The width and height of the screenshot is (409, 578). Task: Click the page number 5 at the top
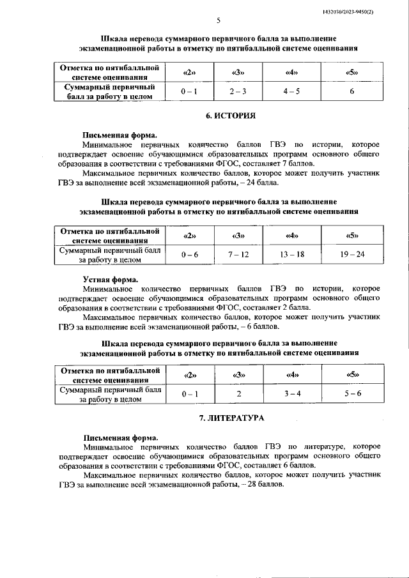pos(218,21)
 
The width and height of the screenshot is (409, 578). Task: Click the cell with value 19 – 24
pos(351,254)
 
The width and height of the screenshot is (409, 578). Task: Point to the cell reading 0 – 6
pos(190,254)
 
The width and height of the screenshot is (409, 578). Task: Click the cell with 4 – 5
pos(292,91)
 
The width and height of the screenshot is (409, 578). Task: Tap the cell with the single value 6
pos(351,91)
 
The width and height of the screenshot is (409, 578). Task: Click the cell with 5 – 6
pos(351,394)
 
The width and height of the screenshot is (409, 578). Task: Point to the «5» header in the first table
pos(351,71)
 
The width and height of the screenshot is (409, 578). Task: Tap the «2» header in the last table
pos(190,374)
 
